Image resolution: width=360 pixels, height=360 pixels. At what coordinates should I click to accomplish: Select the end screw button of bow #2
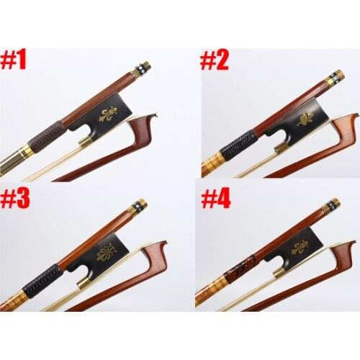(334, 77)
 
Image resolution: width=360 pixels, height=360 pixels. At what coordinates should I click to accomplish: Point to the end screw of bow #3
(140, 207)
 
